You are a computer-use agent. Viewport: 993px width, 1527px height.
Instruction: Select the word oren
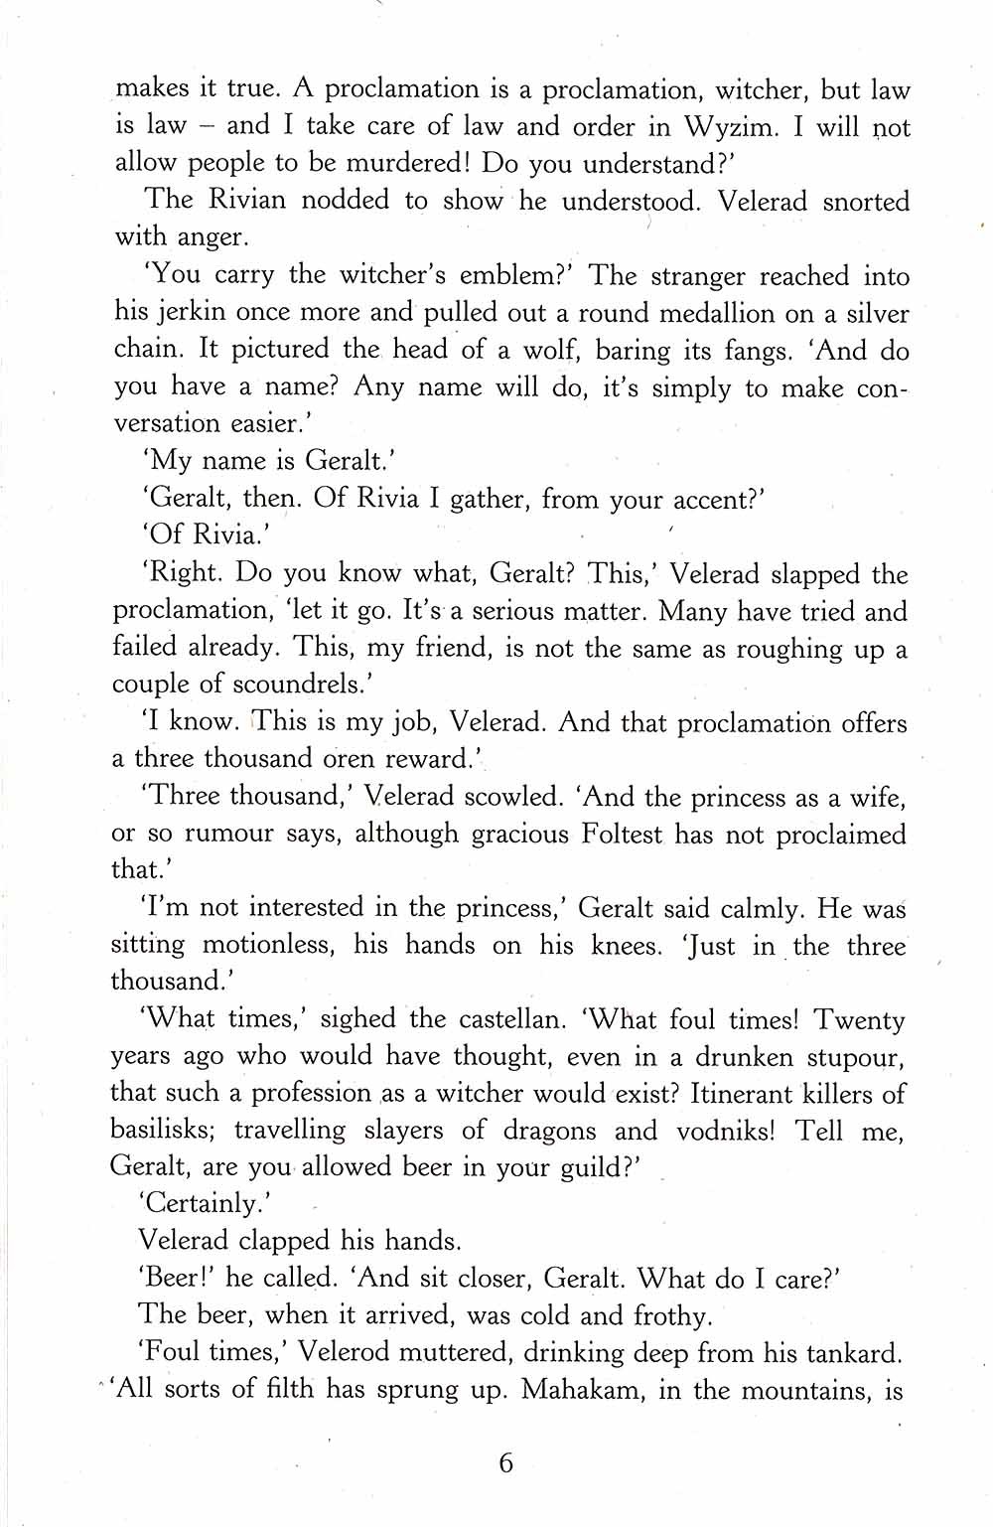click(348, 759)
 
